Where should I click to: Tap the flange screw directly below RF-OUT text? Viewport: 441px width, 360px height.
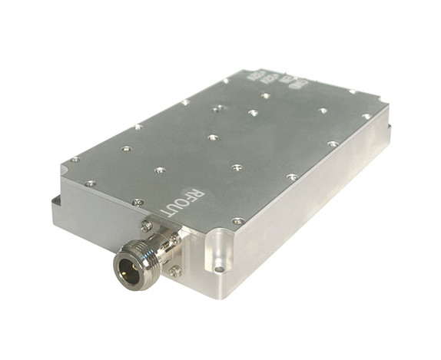[145, 226]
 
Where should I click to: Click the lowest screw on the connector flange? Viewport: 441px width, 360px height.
[176, 270]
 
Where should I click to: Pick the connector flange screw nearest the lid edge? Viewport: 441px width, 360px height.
[176, 239]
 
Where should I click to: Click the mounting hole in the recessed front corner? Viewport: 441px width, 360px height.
[219, 269]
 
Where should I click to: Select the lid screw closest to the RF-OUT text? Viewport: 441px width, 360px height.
[138, 202]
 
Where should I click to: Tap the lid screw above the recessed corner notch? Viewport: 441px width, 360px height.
[238, 221]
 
